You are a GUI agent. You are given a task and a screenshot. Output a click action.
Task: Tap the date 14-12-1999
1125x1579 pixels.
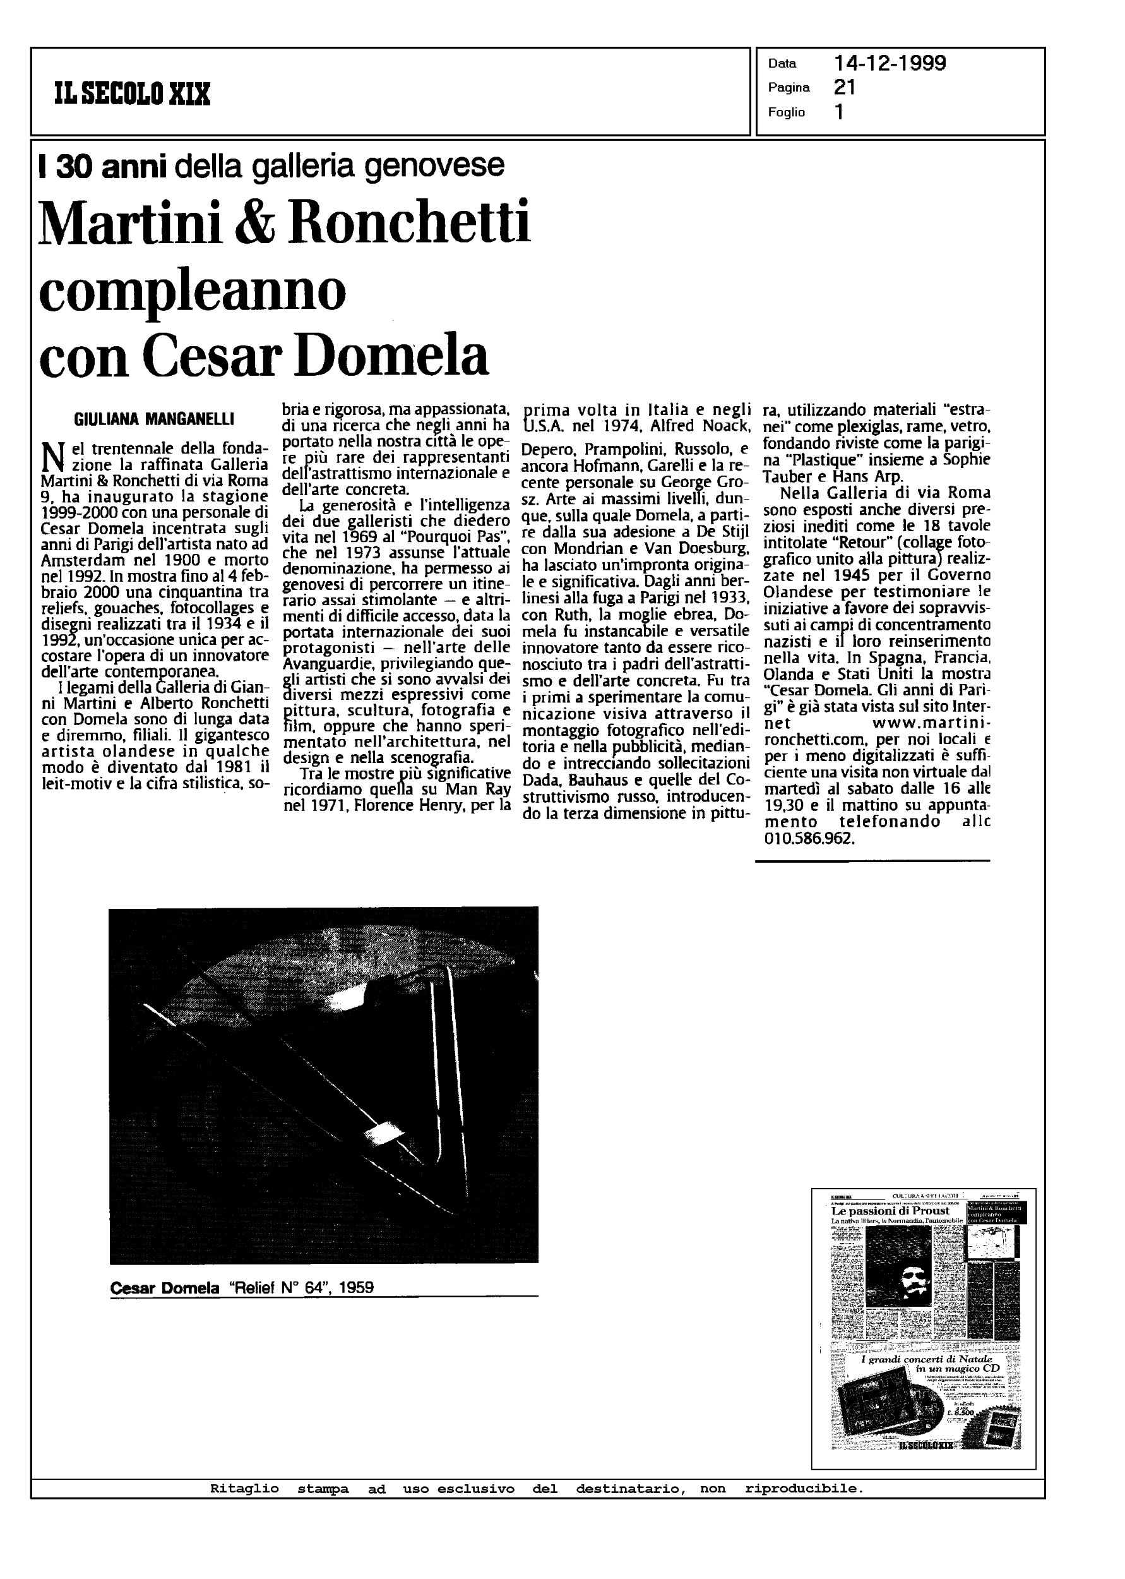(x=890, y=64)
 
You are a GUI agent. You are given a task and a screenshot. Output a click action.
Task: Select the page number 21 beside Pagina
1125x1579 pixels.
(x=845, y=87)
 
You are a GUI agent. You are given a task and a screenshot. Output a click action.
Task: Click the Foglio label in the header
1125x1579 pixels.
(x=786, y=112)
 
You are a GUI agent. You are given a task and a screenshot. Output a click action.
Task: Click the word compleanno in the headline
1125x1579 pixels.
(x=193, y=292)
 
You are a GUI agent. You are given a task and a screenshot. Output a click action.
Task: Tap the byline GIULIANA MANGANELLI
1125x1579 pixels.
(x=154, y=419)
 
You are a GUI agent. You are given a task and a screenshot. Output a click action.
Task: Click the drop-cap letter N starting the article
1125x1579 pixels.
(x=52, y=457)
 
